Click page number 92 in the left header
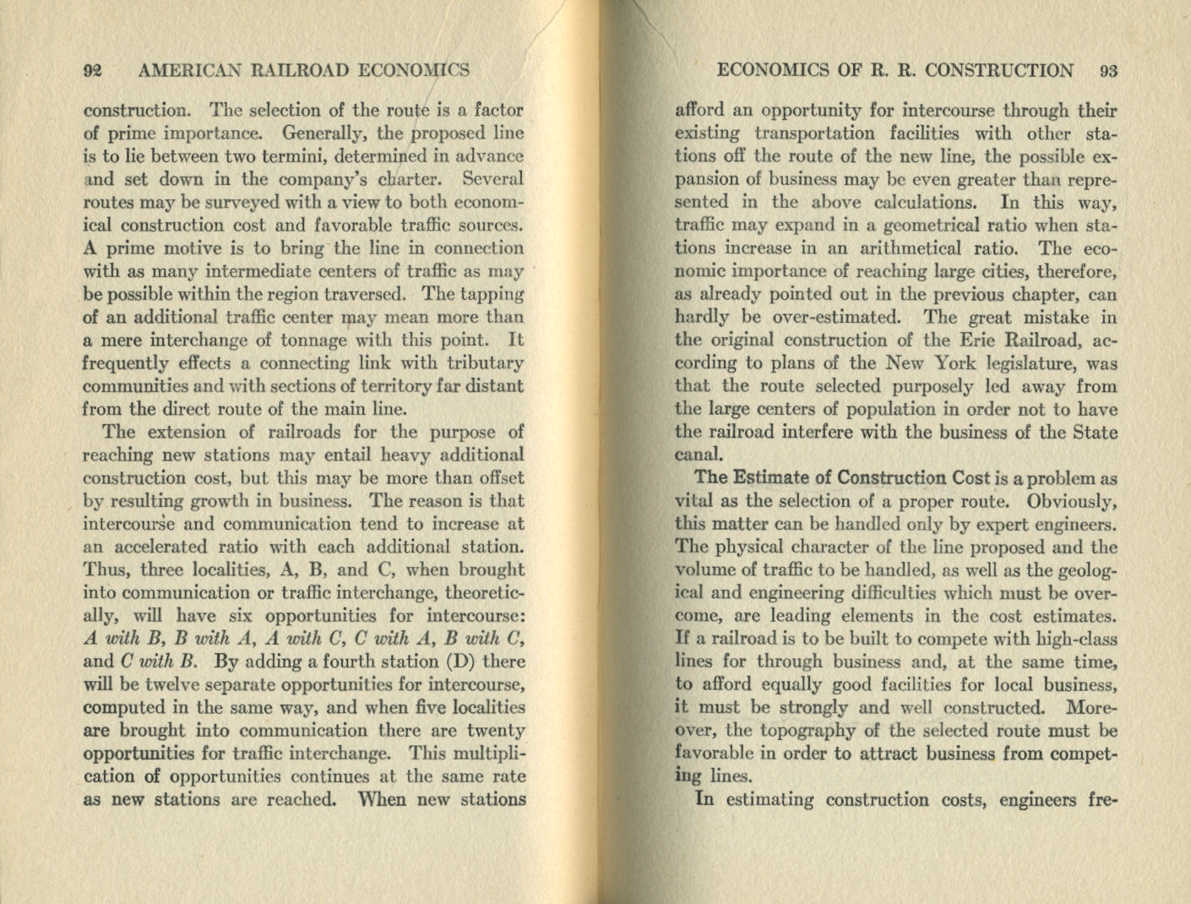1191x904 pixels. pos(93,71)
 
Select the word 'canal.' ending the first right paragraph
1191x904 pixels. pos(698,455)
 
